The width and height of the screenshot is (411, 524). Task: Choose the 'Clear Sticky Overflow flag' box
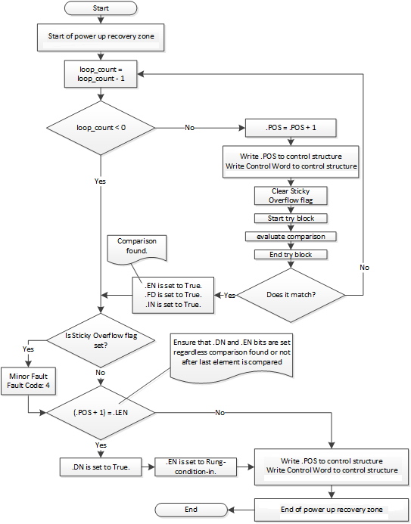click(291, 196)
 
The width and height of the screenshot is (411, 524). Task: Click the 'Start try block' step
click(291, 219)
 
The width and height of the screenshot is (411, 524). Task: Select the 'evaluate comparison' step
click(291, 237)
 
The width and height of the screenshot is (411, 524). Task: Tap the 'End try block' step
click(291, 255)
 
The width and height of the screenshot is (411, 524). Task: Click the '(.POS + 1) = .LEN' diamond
click(101, 413)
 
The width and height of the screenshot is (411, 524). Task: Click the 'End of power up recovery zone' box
click(332, 509)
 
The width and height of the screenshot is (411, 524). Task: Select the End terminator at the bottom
click(191, 510)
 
